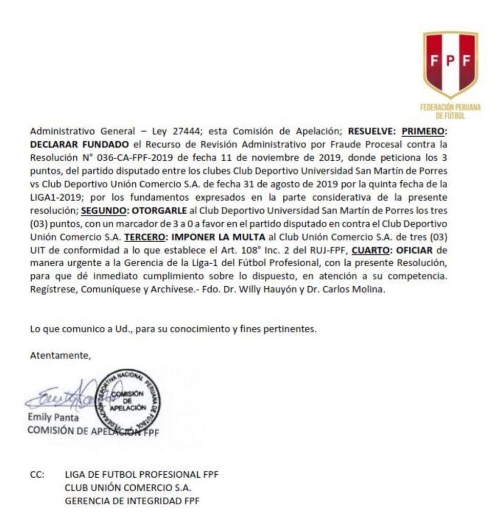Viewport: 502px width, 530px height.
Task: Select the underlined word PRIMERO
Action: click(424, 131)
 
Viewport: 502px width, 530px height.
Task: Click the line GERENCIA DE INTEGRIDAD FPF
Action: click(132, 500)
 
